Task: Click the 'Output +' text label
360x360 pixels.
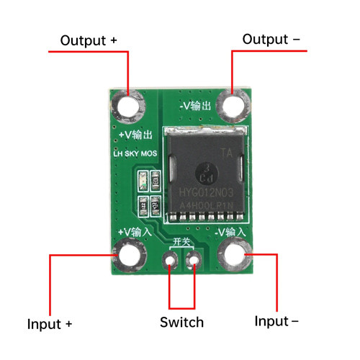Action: point(89,40)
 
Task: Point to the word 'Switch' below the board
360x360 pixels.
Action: point(181,322)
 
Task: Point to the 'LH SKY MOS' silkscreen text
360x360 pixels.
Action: point(135,154)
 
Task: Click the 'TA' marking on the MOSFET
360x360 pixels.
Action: point(225,153)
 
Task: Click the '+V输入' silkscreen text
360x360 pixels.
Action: point(134,232)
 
